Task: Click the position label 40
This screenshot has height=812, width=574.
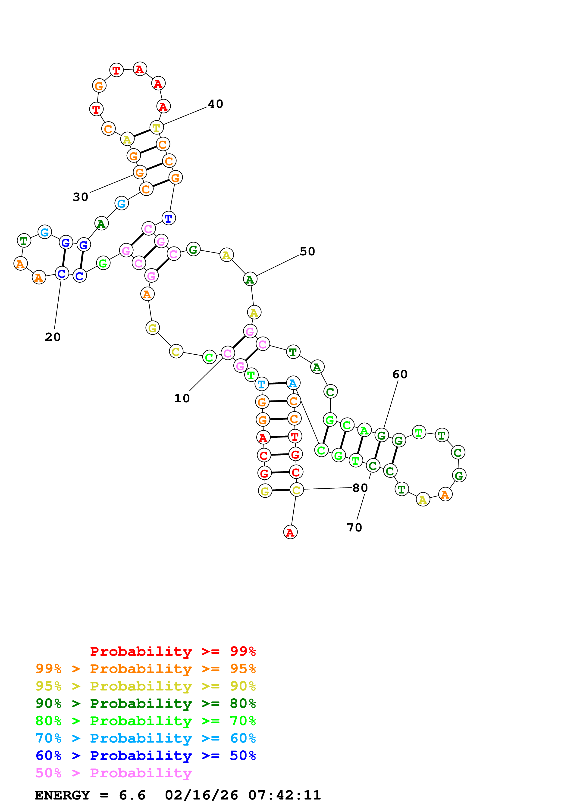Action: (x=215, y=104)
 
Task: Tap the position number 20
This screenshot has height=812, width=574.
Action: (x=53, y=337)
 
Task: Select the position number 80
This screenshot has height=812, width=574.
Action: (x=360, y=488)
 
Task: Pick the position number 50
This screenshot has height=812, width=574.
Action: (x=307, y=251)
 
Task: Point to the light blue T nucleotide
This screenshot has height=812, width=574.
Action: (x=262, y=384)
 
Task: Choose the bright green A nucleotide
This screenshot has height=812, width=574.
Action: (x=364, y=430)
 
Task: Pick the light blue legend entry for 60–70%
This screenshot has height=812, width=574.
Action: (x=145, y=738)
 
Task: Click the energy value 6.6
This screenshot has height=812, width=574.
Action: (x=132, y=795)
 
